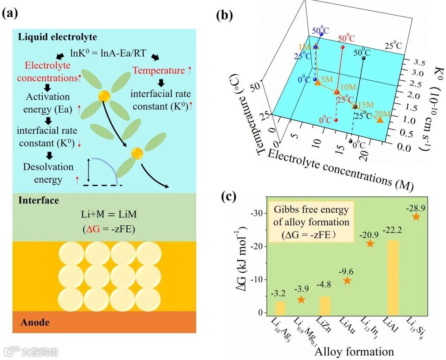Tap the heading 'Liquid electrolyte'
tap(57, 37)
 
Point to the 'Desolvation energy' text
tap(48, 173)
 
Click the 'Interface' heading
tap(39, 200)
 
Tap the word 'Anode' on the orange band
tap(35, 322)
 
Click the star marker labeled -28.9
tap(416, 216)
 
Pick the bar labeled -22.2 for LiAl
tap(393, 276)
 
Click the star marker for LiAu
tap(347, 281)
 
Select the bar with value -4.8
tap(325, 305)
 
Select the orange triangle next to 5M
tap(318, 82)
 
